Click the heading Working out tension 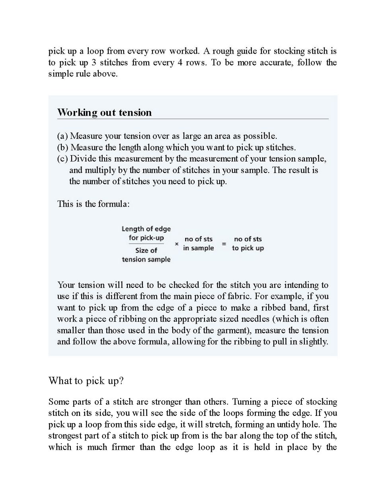pyautogui.click(x=104, y=113)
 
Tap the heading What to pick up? pyautogui.click(x=86, y=381)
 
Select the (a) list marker pyautogui.click(x=62, y=136)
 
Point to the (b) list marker pyautogui.click(x=63, y=148)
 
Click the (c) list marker pyautogui.click(x=62, y=159)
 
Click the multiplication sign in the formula pyautogui.click(x=177, y=244)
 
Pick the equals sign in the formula pyautogui.click(x=224, y=244)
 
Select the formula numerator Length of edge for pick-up pyautogui.click(x=146, y=233)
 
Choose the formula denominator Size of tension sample pyautogui.click(x=146, y=255)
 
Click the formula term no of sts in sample pyautogui.click(x=198, y=243)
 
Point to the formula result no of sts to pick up pyautogui.click(x=248, y=243)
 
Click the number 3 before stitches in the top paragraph pyautogui.click(x=94, y=62)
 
